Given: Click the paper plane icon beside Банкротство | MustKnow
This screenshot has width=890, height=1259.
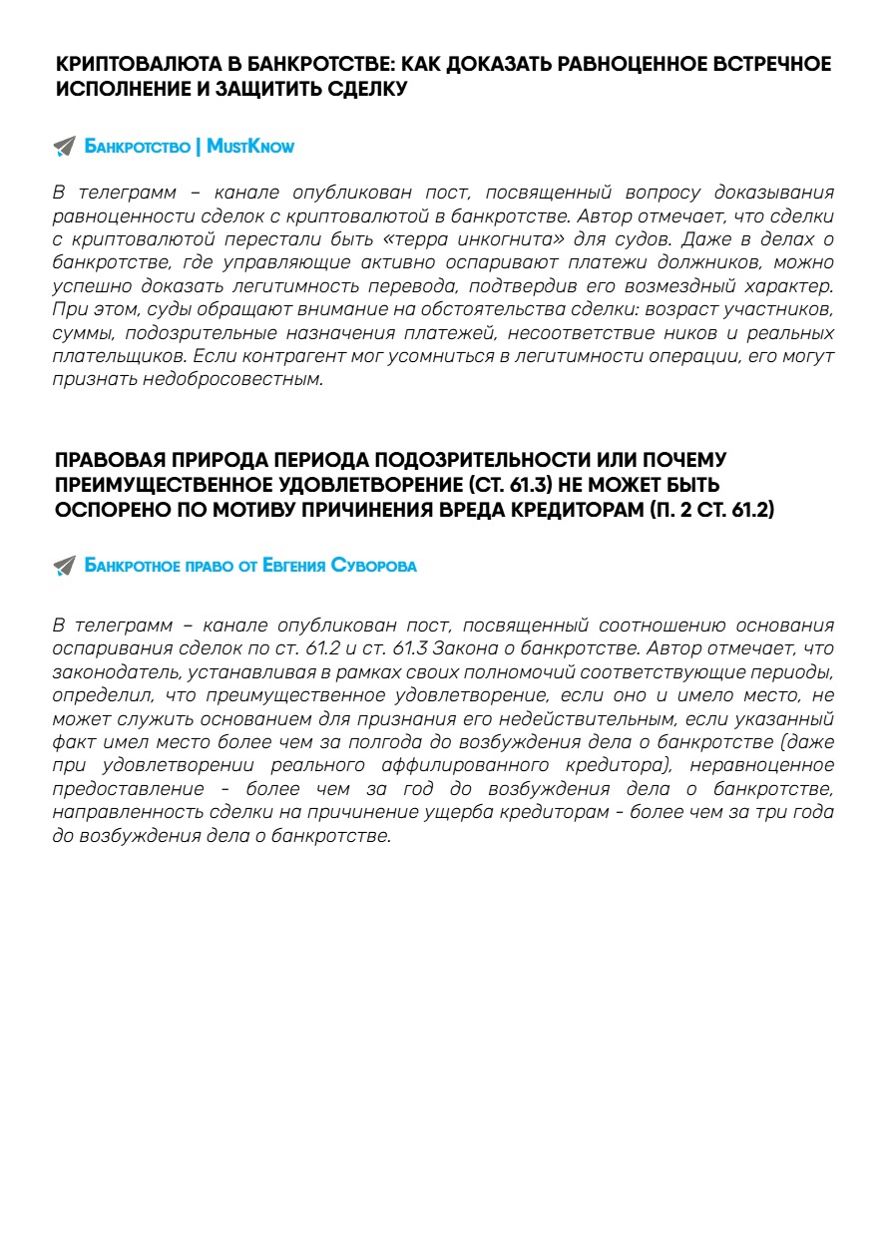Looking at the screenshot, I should coord(64,147).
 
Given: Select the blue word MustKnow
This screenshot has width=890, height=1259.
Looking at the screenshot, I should coord(250,147).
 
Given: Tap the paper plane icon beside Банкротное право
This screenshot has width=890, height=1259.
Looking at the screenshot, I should coord(64,566).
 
